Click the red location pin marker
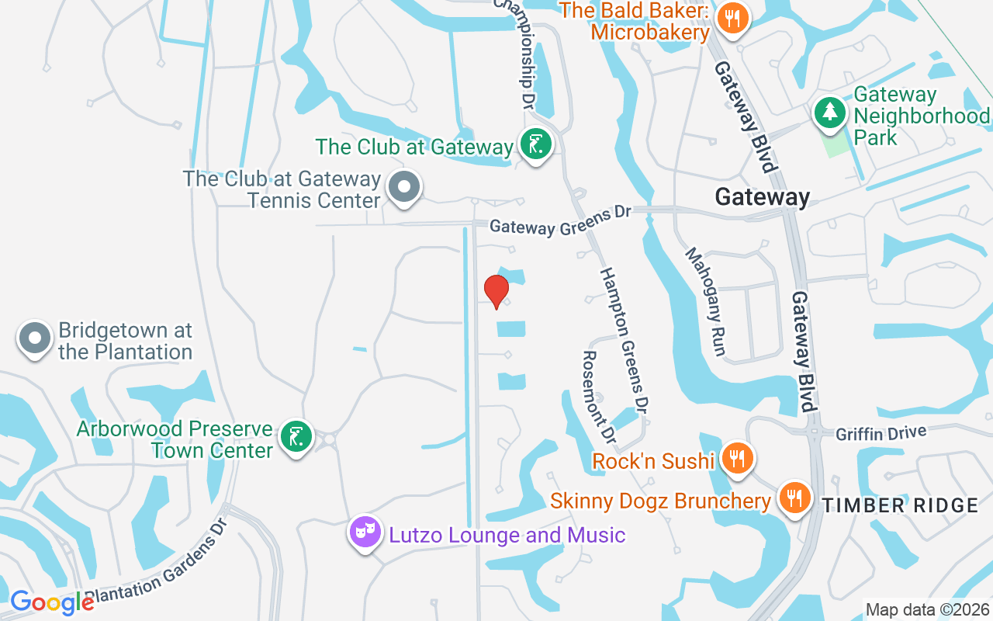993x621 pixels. tap(496, 291)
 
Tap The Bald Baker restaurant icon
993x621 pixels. tap(732, 18)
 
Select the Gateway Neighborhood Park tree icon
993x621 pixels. tap(830, 112)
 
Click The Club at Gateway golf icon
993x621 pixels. tap(535, 144)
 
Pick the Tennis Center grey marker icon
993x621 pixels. tap(403, 187)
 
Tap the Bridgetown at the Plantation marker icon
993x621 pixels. tap(35, 339)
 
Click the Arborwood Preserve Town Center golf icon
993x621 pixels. tap(296, 436)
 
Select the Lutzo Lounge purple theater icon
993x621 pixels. tap(365, 533)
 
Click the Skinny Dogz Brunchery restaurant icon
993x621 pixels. tap(792, 497)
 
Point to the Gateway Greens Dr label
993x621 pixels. tap(561, 220)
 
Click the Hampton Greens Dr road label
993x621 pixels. tap(625, 339)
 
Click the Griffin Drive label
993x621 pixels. tap(881, 433)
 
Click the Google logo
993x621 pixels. tap(52, 602)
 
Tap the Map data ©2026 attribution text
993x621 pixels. tap(927, 609)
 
